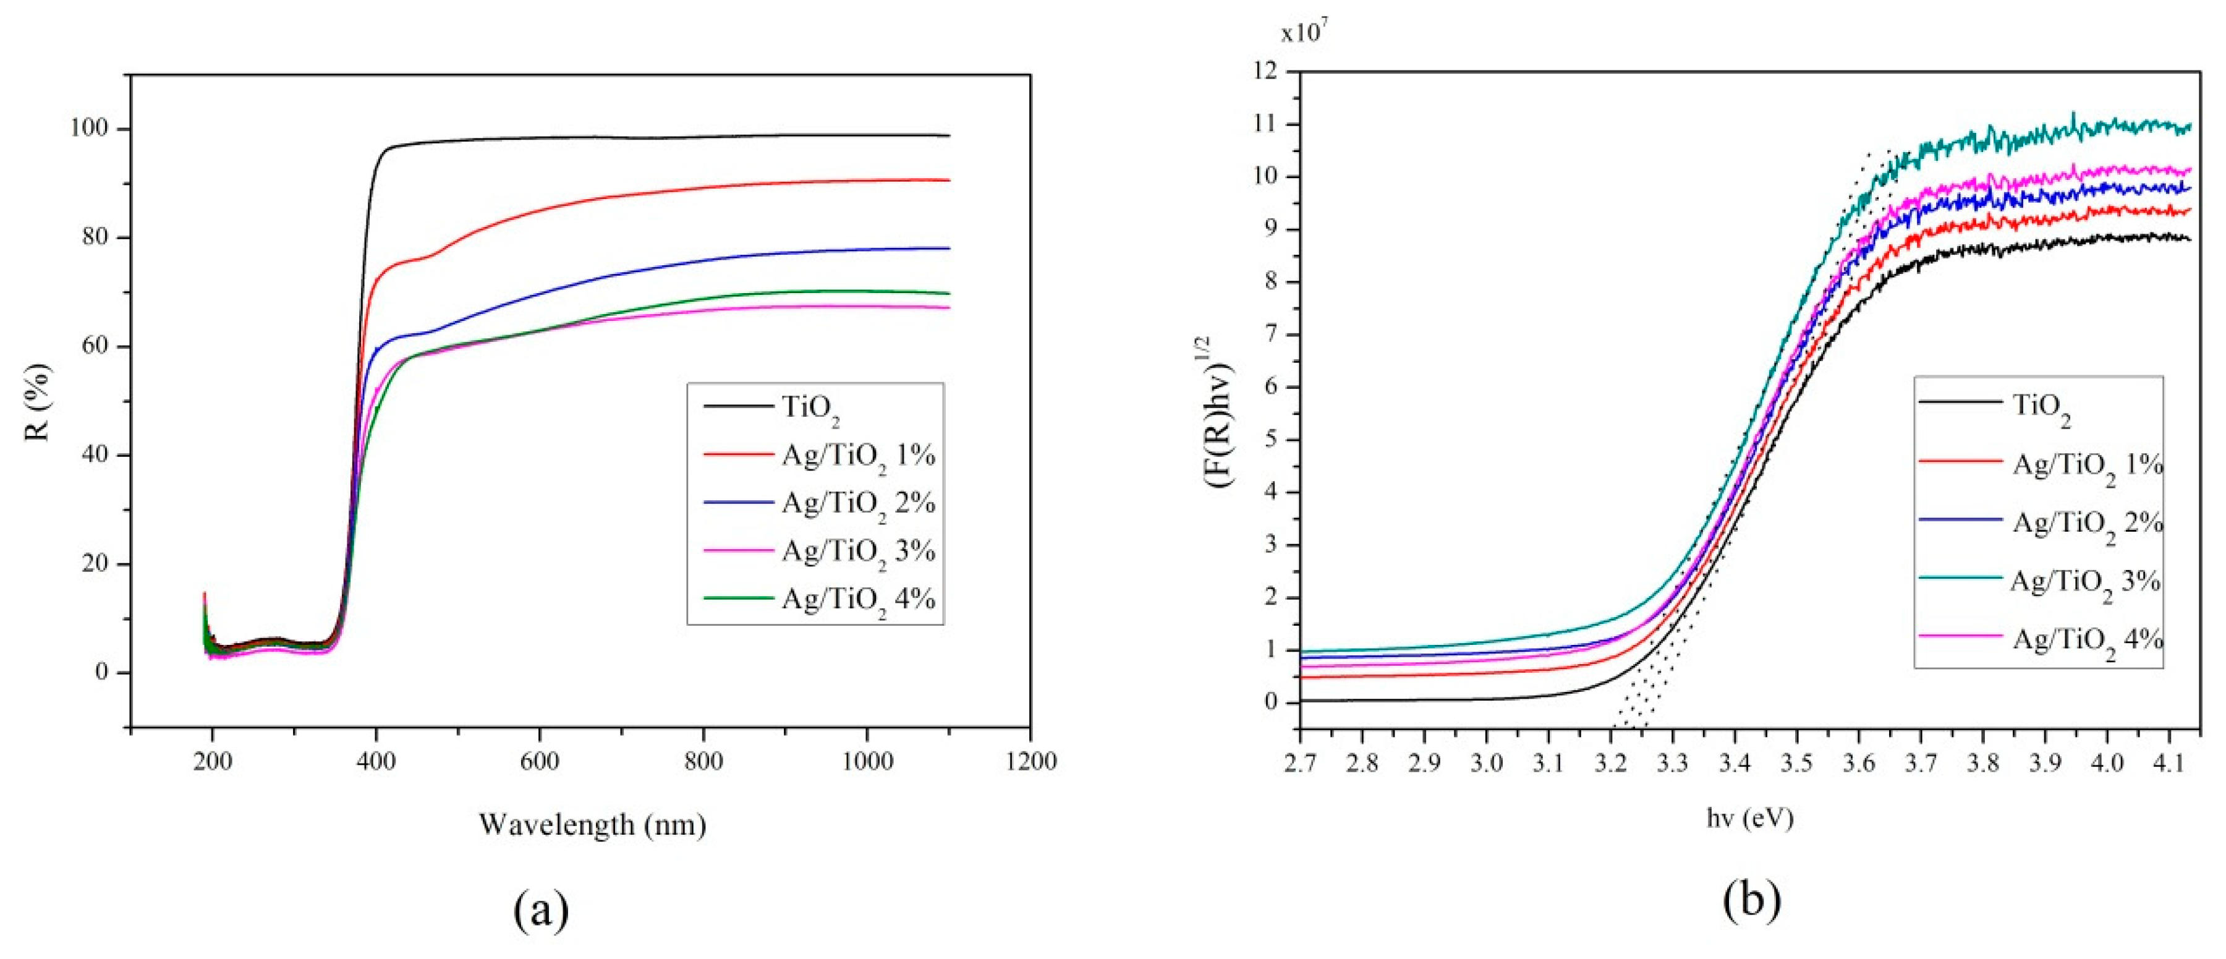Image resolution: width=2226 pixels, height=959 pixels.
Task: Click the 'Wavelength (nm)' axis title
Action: pos(592,824)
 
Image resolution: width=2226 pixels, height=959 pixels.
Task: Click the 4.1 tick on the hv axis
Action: pos(2169,763)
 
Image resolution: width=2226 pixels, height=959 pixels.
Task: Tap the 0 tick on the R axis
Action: pos(101,672)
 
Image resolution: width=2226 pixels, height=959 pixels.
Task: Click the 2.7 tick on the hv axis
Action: pos(1299,763)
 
